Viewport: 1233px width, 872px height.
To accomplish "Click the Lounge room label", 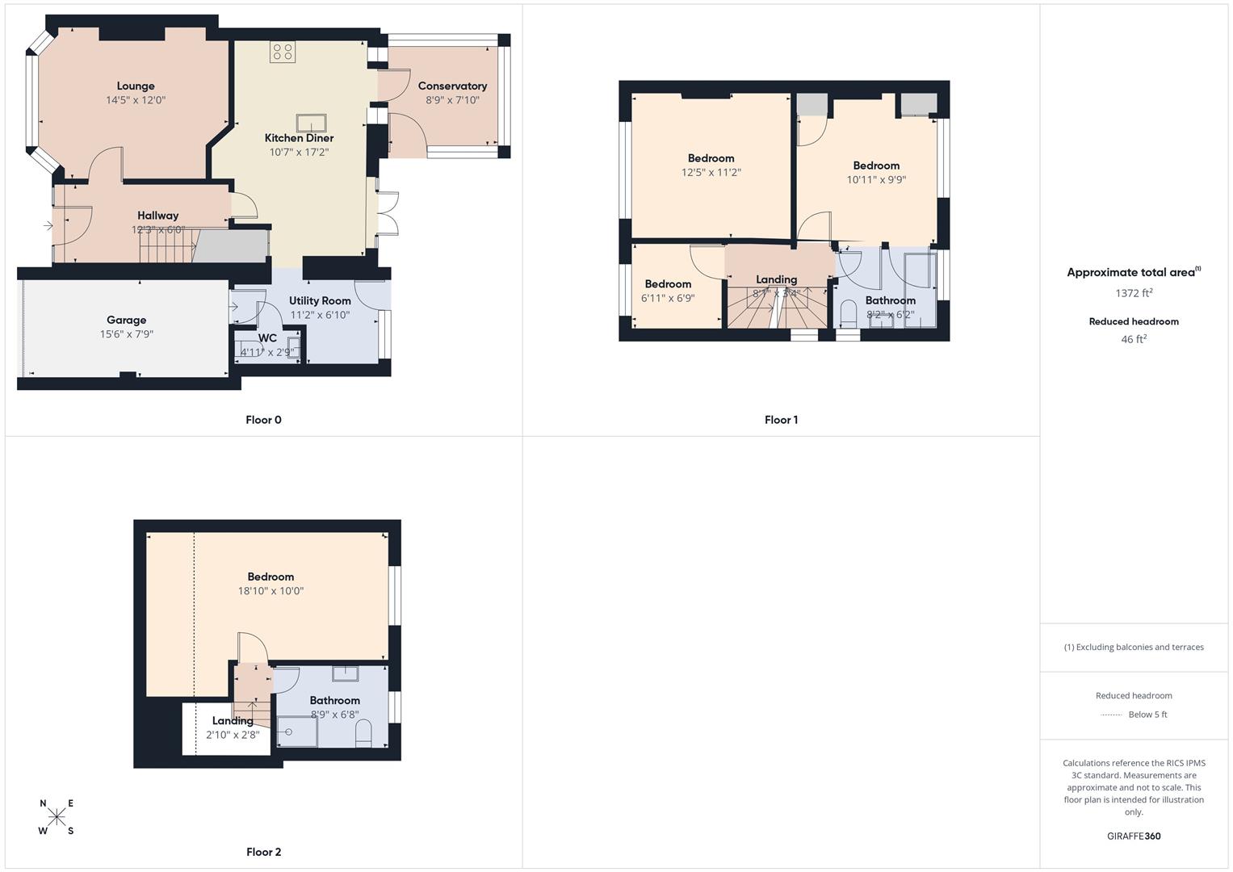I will click(136, 86).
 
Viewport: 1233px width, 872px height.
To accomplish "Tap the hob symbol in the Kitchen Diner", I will click(283, 52).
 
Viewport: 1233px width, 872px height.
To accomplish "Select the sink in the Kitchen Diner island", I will click(312, 123).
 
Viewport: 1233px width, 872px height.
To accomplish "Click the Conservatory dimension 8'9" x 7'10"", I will click(452, 100).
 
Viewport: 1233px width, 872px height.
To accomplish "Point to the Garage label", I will click(127, 321).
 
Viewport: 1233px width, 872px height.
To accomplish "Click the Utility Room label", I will click(320, 301).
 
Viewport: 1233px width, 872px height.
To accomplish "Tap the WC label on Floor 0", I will click(267, 338).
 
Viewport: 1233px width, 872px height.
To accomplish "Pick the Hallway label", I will click(157, 216).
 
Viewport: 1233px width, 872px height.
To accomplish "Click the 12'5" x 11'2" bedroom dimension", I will click(711, 172).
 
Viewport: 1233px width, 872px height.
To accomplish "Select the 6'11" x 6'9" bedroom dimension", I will click(668, 298).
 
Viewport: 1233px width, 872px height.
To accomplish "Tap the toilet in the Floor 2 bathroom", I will click(363, 732).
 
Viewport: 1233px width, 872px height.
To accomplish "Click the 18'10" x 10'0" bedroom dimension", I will click(271, 591).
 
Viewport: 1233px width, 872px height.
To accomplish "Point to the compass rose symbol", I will click(57, 816).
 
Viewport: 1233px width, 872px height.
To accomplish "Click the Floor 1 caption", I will click(781, 420).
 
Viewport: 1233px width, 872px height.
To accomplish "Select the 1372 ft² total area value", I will click(1134, 293).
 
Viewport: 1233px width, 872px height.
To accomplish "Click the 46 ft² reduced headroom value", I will click(1134, 339).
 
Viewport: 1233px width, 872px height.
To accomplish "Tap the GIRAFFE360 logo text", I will click(1134, 836).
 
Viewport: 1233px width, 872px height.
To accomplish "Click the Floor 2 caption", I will click(264, 852).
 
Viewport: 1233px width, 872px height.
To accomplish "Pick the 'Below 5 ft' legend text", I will click(1147, 715).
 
